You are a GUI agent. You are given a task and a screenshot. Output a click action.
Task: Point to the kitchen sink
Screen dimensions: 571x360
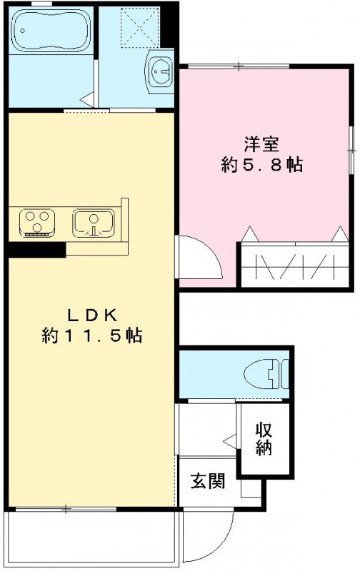tap(92, 221)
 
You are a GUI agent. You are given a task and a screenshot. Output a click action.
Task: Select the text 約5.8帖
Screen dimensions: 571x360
tap(261, 166)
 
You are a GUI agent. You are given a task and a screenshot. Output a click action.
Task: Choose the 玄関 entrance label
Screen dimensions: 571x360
tap(207, 481)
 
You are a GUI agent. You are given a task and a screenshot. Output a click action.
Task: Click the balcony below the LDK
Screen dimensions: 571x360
tap(91, 539)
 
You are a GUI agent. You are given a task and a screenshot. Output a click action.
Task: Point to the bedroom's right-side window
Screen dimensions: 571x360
tap(351, 150)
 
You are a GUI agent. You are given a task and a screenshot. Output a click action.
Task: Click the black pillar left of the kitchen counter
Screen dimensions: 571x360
tap(36, 250)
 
